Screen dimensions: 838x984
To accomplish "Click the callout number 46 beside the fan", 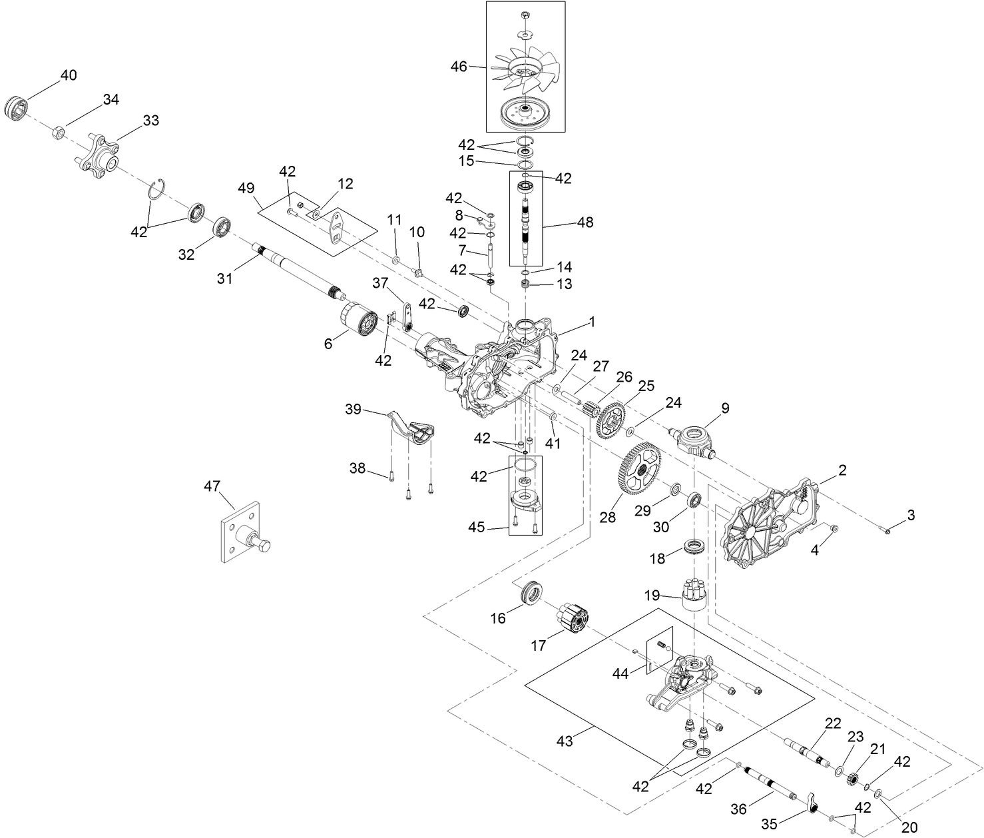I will click(459, 66).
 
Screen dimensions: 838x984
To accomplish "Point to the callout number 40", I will click(69, 75).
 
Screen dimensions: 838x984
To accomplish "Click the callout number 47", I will click(212, 487).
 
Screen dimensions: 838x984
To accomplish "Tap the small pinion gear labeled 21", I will click(855, 777).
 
